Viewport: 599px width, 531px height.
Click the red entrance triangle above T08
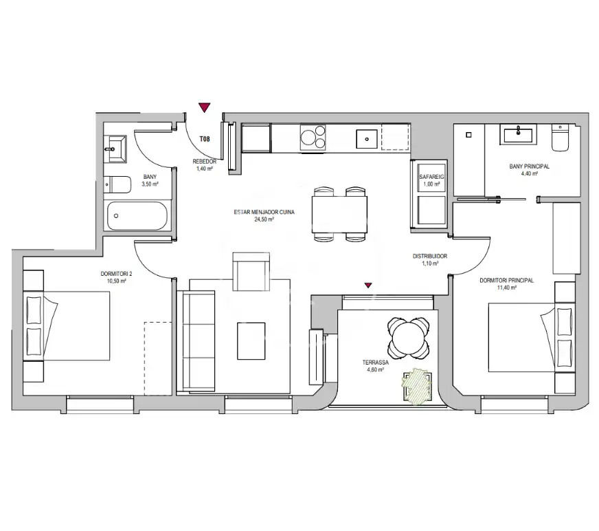(205, 107)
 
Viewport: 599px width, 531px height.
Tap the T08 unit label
(205, 139)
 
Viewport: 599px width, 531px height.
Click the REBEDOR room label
(205, 162)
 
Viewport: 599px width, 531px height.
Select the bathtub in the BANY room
(137, 216)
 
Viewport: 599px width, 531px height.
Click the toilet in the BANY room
(117, 184)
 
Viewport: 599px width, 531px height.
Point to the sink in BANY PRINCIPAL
(519, 134)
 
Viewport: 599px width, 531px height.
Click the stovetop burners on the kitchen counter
(313, 138)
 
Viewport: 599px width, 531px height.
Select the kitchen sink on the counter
(367, 139)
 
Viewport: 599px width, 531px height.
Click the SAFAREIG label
(431, 177)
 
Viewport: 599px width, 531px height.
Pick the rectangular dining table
(339, 214)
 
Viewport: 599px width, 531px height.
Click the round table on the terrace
(408, 338)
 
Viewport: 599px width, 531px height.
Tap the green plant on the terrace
(416, 386)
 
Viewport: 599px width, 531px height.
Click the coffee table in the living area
(251, 341)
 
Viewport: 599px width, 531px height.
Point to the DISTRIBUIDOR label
(430, 257)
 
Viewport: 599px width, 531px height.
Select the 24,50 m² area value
(264, 219)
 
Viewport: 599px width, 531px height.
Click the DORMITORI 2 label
(116, 274)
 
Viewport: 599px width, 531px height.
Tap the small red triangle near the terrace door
(368, 285)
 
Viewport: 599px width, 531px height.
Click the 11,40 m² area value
(506, 288)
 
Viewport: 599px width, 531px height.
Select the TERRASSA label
(376, 362)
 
